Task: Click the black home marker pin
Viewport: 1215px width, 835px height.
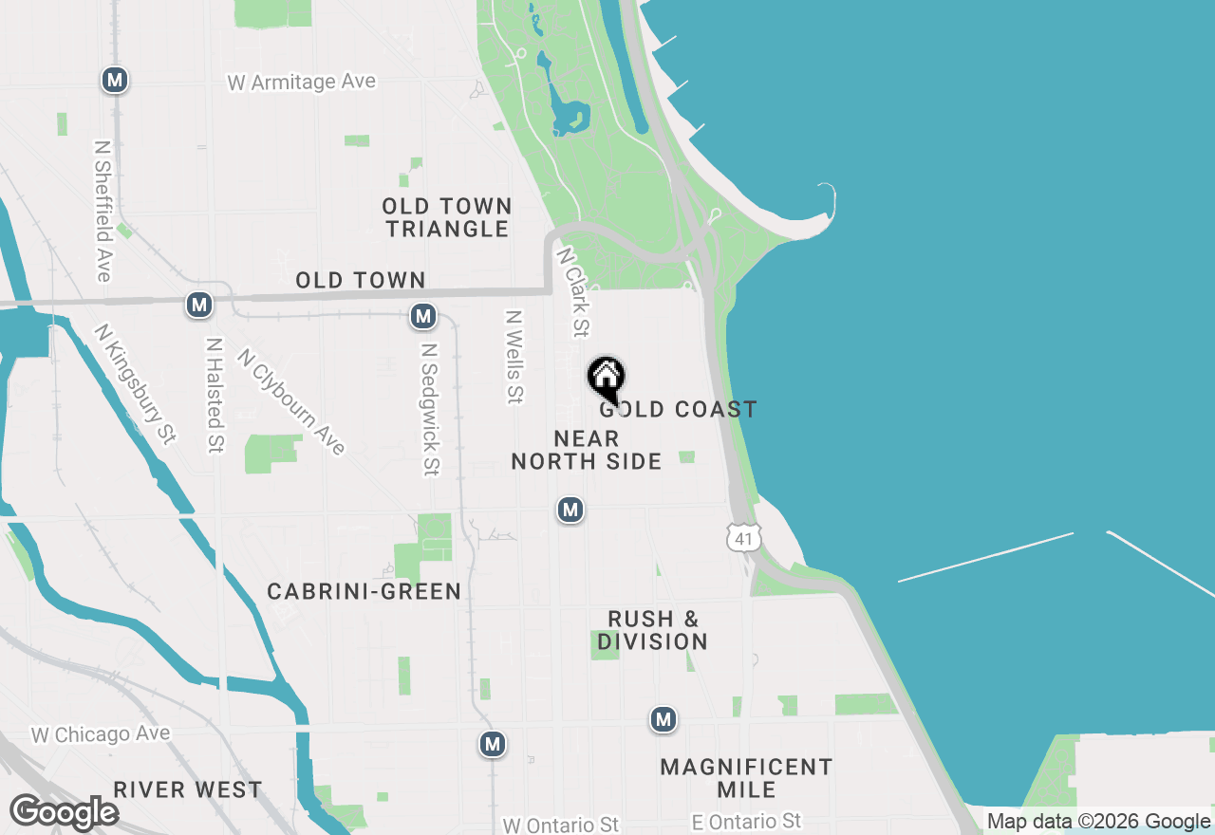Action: coord(607,379)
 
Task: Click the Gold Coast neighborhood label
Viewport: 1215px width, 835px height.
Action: coord(679,409)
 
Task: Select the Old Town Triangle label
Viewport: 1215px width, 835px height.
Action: coord(447,217)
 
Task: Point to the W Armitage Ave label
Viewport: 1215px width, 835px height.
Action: coord(302,83)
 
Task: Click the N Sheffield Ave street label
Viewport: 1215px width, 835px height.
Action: coord(103,212)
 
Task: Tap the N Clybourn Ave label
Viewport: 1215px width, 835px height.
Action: coord(290,401)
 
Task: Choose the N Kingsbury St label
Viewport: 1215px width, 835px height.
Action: coord(135,383)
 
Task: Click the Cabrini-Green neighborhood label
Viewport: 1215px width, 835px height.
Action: coord(364,591)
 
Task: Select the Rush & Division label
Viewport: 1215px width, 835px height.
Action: coord(653,630)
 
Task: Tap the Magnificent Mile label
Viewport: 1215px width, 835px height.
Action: coord(746,778)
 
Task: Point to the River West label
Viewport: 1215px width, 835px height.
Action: coord(188,789)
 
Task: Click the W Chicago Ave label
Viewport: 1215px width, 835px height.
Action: coord(101,734)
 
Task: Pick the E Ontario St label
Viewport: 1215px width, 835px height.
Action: coord(746,822)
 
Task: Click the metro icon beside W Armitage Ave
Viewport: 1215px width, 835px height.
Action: coord(115,80)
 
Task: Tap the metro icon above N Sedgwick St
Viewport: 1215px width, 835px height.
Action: coord(423,316)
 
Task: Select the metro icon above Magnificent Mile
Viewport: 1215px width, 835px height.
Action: coord(664,720)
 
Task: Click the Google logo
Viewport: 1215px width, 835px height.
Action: coord(64,813)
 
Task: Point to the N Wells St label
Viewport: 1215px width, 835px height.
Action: coord(514,357)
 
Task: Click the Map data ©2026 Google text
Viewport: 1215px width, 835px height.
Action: coord(1098,822)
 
